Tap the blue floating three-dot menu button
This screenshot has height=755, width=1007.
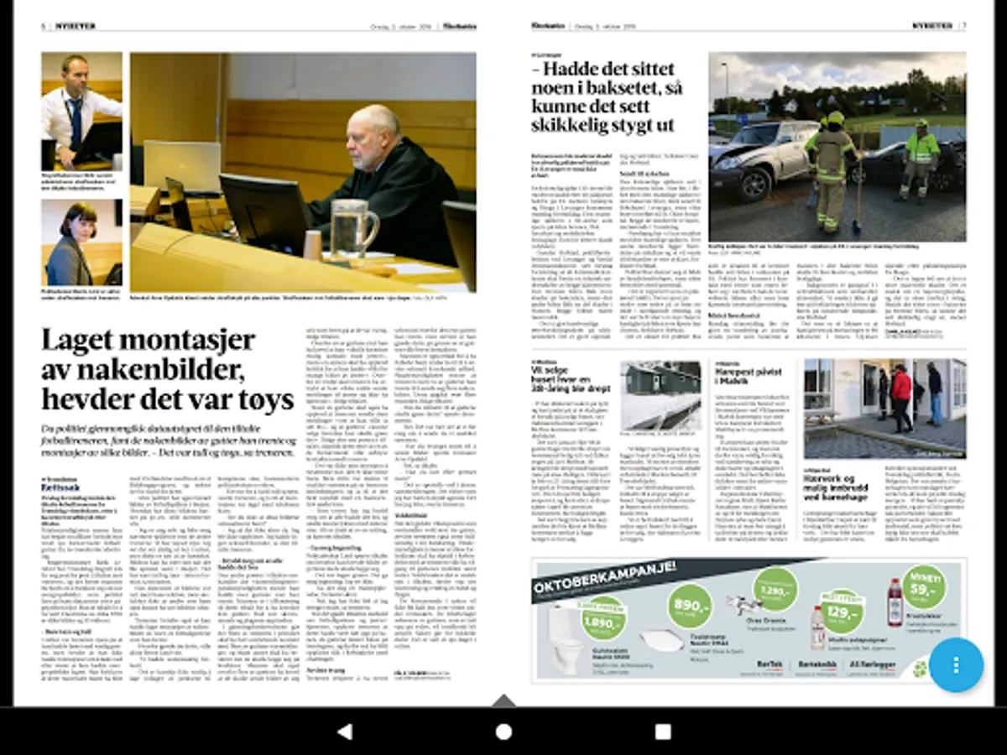pos(956,664)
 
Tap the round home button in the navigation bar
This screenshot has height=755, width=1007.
pos(503,732)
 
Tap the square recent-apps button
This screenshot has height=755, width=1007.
pos(663,732)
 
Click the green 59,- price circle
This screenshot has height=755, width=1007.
pos(924,586)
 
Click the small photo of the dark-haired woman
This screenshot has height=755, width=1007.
pos(81,242)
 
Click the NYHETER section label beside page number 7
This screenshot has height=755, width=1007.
pos(933,26)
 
